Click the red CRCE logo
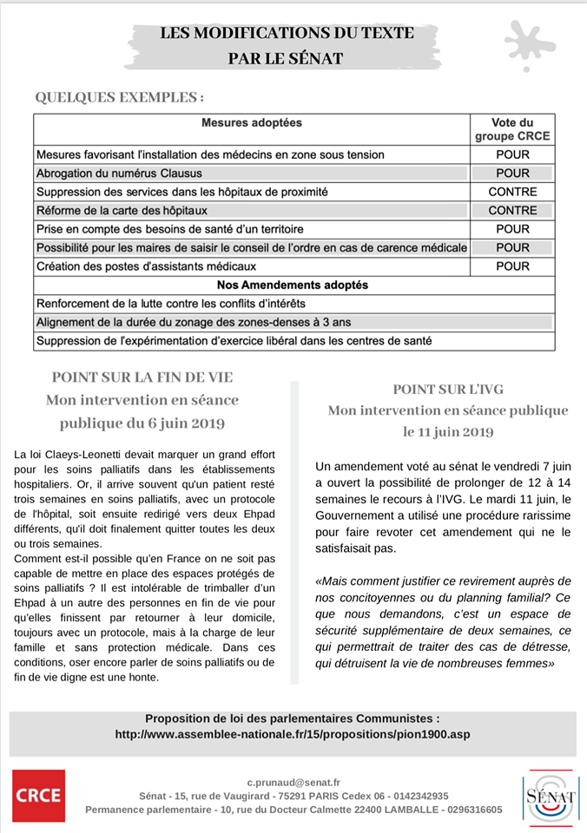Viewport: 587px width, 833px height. pyautogui.click(x=38, y=796)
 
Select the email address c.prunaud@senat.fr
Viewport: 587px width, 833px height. pyautogui.click(x=293, y=782)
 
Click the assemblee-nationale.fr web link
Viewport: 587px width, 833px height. pyautogui.click(x=293, y=735)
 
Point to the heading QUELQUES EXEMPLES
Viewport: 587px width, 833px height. pyautogui.click(x=120, y=97)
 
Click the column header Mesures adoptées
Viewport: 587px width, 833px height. pyautogui.click(x=252, y=123)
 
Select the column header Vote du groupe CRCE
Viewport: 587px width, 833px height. pyautogui.click(x=512, y=129)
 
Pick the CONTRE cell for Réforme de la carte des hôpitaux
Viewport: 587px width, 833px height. pyautogui.click(x=512, y=211)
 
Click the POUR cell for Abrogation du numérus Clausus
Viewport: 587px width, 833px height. pyautogui.click(x=512, y=174)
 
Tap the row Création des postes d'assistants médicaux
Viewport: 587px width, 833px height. pyautogui.click(x=147, y=266)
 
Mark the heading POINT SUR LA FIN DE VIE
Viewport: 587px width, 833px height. pyautogui.click(x=142, y=377)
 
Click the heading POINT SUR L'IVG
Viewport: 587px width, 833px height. pyautogui.click(x=448, y=389)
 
